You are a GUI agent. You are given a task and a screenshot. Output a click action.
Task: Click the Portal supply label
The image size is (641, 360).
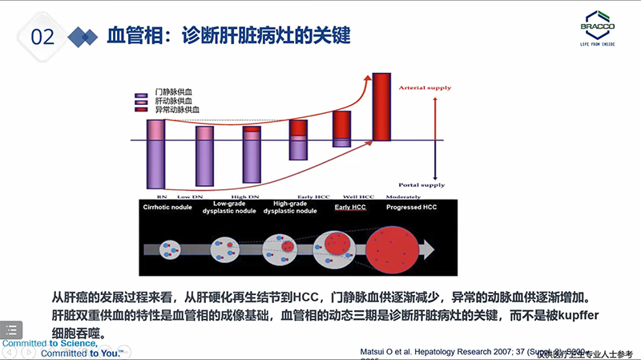[427, 185]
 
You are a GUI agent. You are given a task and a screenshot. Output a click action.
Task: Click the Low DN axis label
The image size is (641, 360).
[189, 196]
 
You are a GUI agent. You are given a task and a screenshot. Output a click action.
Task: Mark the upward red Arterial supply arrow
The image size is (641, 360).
[434, 116]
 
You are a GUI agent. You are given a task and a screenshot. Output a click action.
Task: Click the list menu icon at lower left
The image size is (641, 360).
[14, 329]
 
